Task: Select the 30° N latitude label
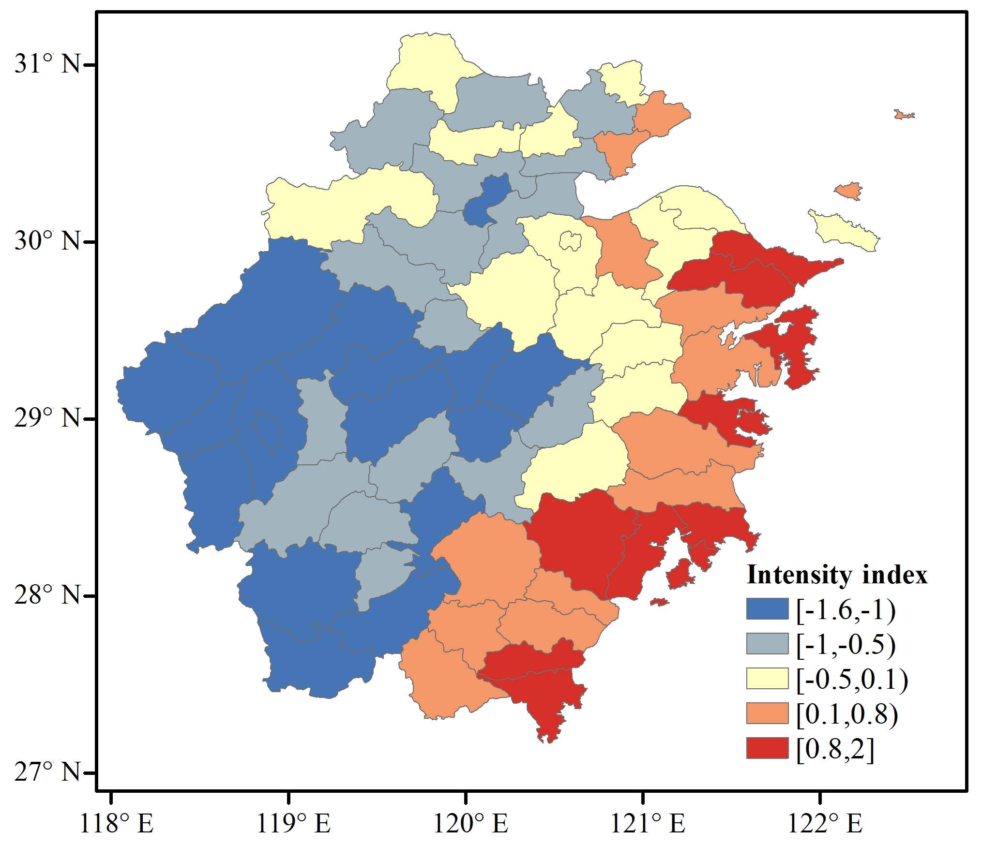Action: coord(47,240)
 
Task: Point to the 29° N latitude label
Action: coord(47,417)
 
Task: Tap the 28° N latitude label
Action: coord(47,594)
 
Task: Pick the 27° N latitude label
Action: coord(47,771)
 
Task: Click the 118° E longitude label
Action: coord(116,823)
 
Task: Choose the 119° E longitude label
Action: coord(293,823)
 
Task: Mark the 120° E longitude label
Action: coord(470,823)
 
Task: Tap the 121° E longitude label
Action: coord(648,823)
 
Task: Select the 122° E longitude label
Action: coord(825,823)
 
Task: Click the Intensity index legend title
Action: coord(837,575)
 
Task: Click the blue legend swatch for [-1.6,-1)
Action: coord(767,609)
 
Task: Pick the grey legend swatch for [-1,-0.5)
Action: coord(767,644)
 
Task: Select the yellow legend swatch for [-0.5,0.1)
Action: coord(767,679)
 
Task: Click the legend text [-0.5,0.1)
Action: coord(852,679)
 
